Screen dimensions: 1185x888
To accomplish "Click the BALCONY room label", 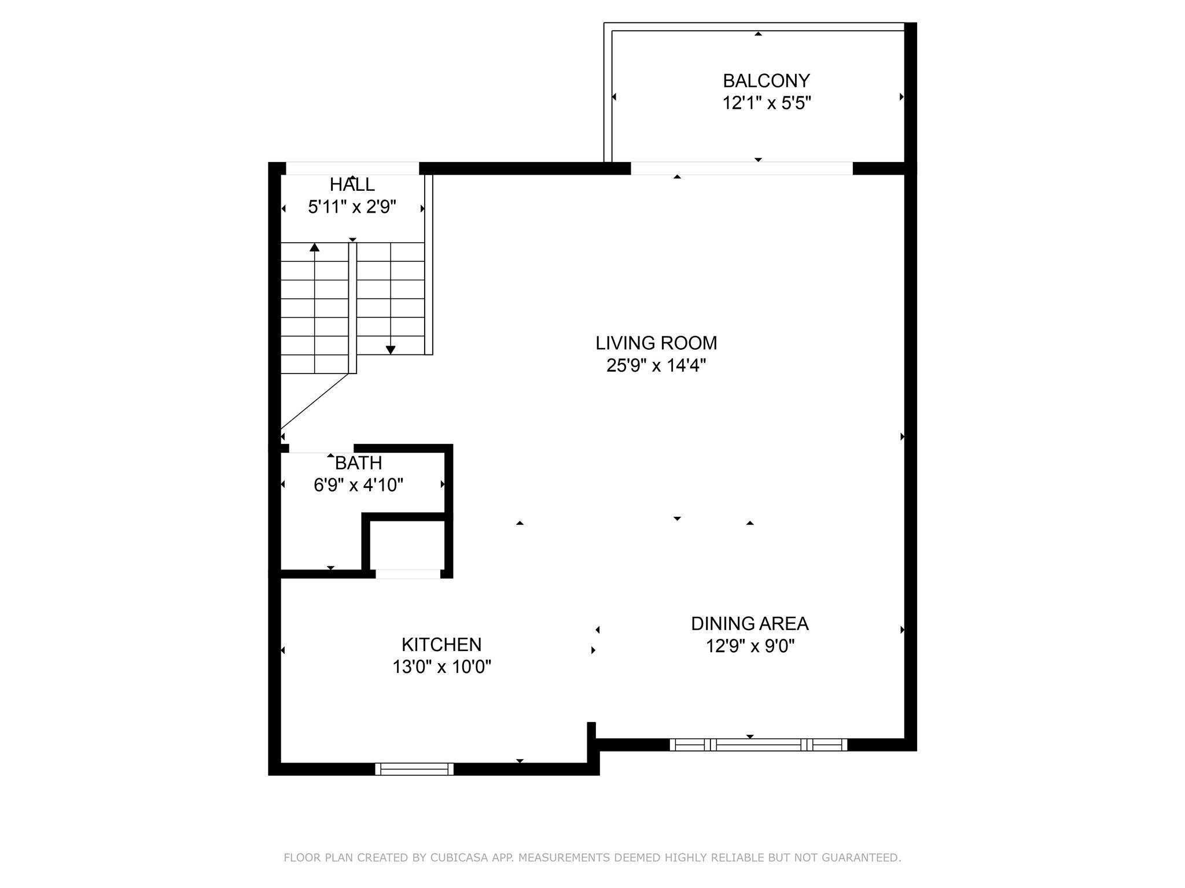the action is pos(766,80).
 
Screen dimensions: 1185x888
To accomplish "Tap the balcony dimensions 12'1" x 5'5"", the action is pos(767,103).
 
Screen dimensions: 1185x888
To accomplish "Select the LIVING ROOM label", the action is pos(656,343).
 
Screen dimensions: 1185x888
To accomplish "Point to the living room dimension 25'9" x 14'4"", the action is pos(656,365).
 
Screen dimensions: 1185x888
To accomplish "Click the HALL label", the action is pos(352,184).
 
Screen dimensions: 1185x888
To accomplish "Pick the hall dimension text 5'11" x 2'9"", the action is pos(352,207).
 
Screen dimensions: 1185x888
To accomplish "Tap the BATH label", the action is pos(359,463).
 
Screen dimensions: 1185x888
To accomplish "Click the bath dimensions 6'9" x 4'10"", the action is pos(359,485).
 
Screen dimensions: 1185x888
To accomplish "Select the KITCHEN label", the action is pos(441,645).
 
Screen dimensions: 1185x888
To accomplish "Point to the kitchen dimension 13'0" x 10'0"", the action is pos(442,667).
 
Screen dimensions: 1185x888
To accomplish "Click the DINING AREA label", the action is pos(750,624).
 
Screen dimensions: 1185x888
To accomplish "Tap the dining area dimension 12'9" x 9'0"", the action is pos(750,646).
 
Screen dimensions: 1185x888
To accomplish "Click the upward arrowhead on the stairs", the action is pos(314,247).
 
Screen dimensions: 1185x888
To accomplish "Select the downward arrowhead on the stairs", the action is pos(391,350).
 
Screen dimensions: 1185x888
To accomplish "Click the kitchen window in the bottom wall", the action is pos(414,769).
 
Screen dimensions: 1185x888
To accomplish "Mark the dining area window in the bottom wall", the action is pos(759,745).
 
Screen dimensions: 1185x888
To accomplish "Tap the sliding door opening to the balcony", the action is pos(742,168).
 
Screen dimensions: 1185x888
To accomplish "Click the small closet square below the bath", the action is pos(407,545).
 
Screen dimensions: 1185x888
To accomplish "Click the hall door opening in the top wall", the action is pos(352,168).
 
